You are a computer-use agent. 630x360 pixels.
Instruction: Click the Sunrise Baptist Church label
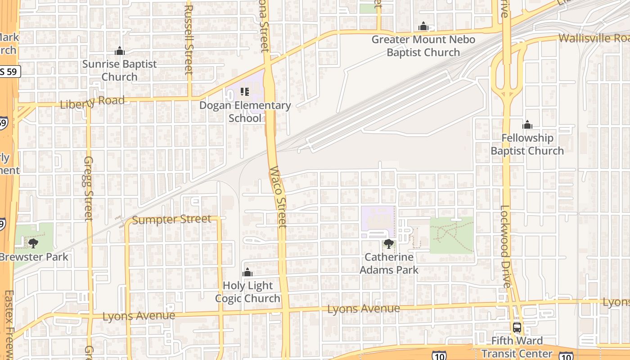point(119,70)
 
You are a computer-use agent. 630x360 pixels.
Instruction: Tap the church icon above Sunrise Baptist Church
point(119,51)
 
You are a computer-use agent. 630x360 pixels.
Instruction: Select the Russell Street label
point(189,40)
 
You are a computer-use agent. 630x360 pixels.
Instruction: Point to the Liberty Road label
point(92,102)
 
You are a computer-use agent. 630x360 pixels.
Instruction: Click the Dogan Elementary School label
point(245,112)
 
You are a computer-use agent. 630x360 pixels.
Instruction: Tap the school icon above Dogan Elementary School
point(245,92)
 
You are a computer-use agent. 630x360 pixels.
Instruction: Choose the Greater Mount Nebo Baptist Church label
point(423,46)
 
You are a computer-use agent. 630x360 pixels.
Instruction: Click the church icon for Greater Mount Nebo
point(423,26)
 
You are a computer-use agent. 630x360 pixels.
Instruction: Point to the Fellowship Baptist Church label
point(527,144)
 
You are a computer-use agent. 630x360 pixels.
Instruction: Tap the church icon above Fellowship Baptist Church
point(527,125)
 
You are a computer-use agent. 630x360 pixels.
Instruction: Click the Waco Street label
point(278,197)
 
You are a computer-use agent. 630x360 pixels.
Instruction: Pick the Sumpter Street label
point(171,220)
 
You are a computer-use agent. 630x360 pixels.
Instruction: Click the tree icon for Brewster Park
point(33,243)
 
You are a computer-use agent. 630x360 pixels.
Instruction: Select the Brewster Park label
point(34,257)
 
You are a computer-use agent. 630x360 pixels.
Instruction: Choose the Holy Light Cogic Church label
point(247,292)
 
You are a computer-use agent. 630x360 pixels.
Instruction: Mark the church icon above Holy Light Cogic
point(247,272)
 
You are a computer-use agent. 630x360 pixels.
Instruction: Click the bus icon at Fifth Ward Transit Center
point(517,327)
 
